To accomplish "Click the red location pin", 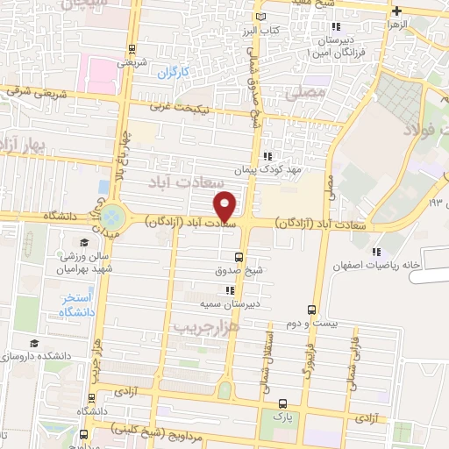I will (225, 205).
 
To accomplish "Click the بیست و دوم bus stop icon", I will (311, 310).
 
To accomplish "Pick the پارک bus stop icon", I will (282, 404).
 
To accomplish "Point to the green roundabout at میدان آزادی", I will (112, 216).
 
